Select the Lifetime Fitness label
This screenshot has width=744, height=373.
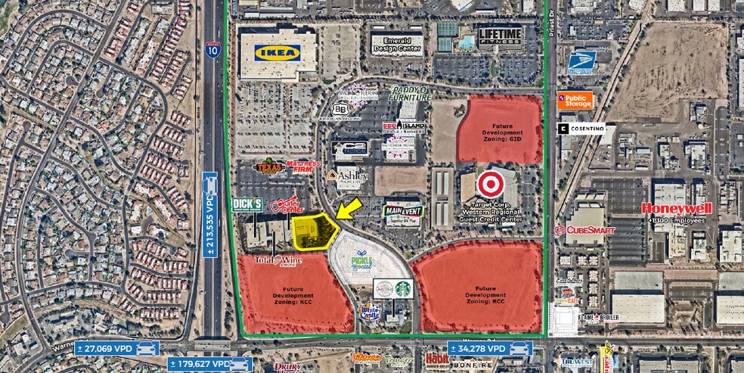coord(500,37)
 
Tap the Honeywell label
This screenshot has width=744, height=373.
coord(676,208)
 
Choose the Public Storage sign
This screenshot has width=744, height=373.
coord(575,100)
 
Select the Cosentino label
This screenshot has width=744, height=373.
coord(581,129)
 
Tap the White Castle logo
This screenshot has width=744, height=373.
coord(370,309)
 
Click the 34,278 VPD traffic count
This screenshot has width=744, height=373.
coord(490,348)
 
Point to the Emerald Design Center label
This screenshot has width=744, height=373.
coord(397,43)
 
